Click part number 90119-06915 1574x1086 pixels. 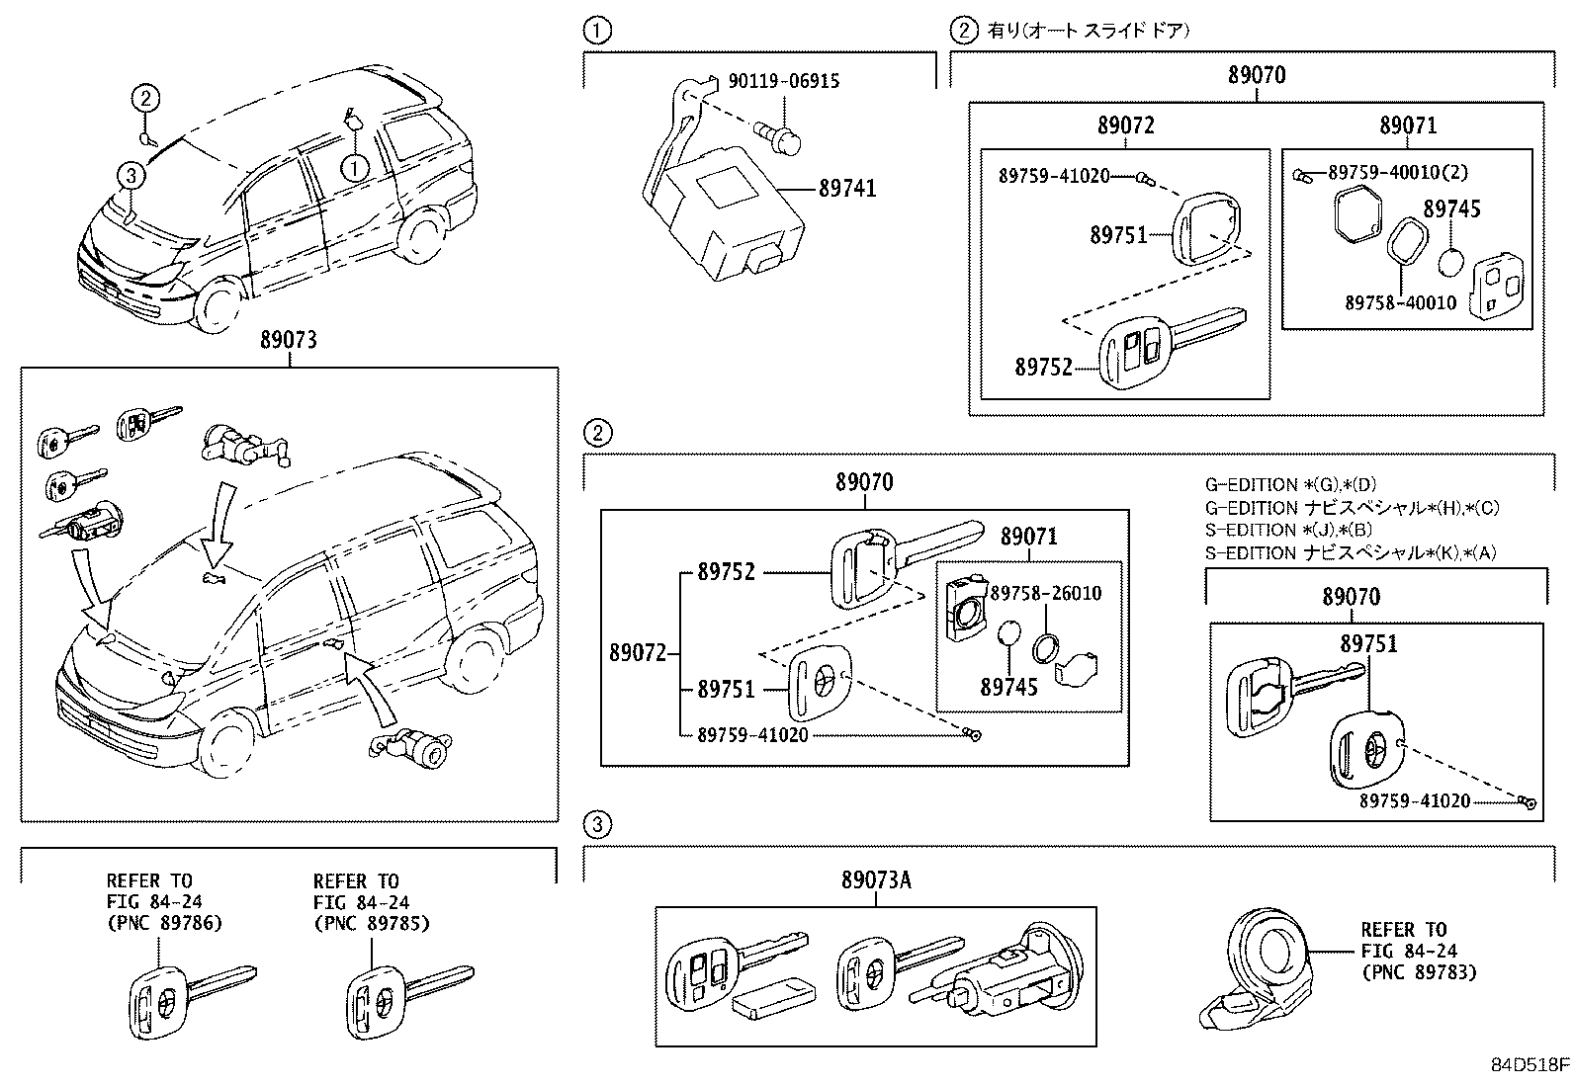(x=784, y=81)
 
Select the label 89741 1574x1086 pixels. (x=846, y=188)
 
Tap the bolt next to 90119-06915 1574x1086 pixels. (x=777, y=137)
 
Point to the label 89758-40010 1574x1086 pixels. (x=1400, y=301)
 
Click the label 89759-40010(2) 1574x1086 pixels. (x=1397, y=172)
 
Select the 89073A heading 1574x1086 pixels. (x=876, y=879)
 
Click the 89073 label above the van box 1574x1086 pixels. (x=289, y=340)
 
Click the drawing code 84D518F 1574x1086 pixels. (x=1530, y=1065)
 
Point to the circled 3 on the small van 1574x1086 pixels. (x=131, y=176)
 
